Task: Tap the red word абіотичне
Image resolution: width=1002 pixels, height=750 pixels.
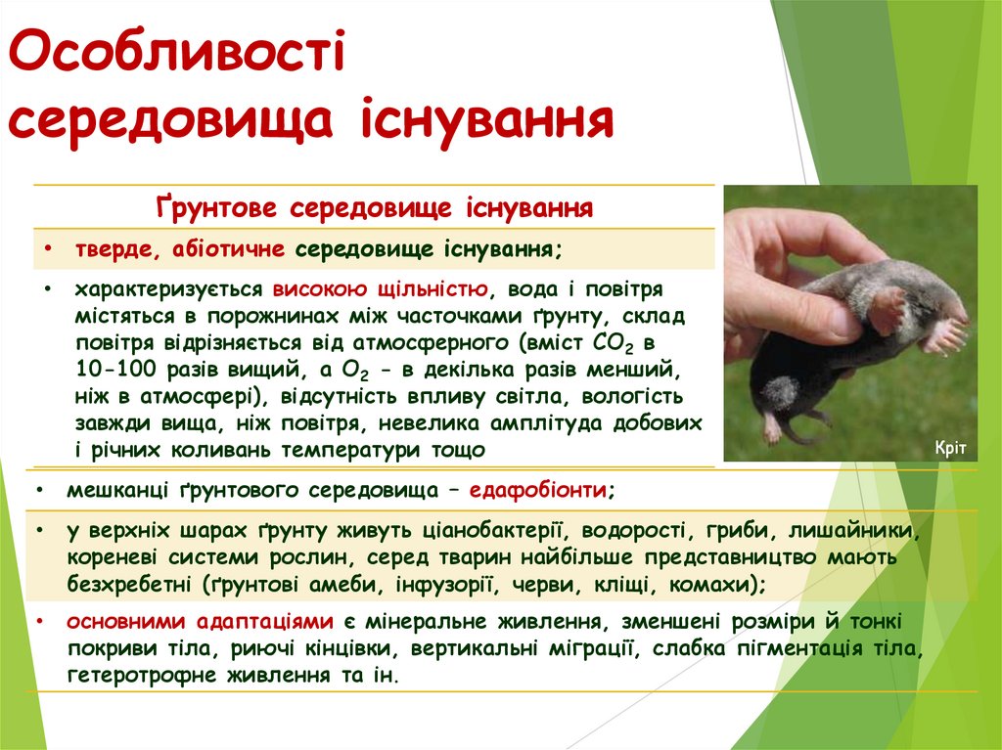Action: pos(228,248)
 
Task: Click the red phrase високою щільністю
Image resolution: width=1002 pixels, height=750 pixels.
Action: pos(380,290)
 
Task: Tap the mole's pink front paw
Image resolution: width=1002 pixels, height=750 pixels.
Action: pos(944,335)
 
